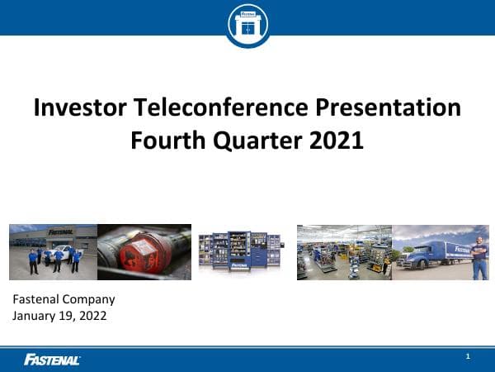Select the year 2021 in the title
point(336,140)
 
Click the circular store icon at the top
point(247,24)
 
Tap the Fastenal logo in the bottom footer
point(52,359)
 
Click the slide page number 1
point(468,356)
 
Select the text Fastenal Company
point(64,299)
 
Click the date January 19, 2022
point(60,315)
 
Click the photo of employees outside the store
point(53,252)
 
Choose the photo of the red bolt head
point(144,252)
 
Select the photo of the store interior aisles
point(343,252)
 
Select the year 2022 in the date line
point(93,315)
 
